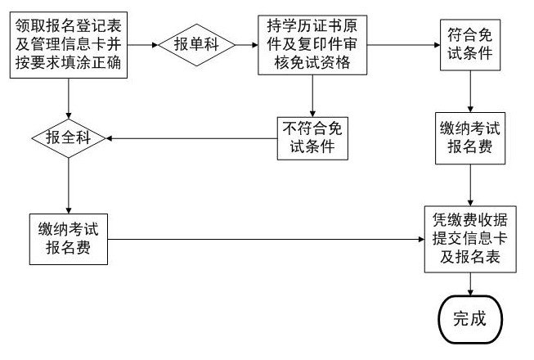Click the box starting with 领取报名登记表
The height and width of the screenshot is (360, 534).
(70, 43)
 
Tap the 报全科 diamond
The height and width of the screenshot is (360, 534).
(69, 137)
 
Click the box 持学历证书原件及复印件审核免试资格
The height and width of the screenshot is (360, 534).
(311, 43)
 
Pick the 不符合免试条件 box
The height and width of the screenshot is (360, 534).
(311, 137)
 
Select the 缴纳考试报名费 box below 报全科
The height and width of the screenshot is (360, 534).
(69, 239)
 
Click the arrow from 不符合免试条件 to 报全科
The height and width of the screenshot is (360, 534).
(191, 137)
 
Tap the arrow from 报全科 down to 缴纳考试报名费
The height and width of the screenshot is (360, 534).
(69, 183)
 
